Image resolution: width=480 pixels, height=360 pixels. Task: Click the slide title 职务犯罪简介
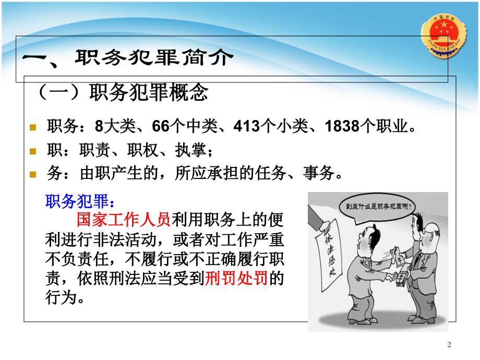(x=152, y=58)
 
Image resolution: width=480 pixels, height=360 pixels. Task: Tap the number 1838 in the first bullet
(x=342, y=126)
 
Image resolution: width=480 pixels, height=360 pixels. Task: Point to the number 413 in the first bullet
(x=249, y=126)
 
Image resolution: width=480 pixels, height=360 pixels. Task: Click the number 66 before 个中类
(x=160, y=126)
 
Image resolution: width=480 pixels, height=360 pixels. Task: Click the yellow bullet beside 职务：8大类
(x=33, y=127)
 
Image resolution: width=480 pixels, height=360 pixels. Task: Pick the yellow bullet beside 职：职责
(x=33, y=151)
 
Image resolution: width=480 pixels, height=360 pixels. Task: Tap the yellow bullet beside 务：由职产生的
(x=33, y=175)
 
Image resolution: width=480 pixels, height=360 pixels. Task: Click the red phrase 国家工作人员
(x=124, y=219)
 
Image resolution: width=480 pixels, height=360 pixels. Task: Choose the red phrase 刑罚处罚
(x=236, y=279)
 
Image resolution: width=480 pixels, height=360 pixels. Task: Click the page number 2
(x=450, y=344)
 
